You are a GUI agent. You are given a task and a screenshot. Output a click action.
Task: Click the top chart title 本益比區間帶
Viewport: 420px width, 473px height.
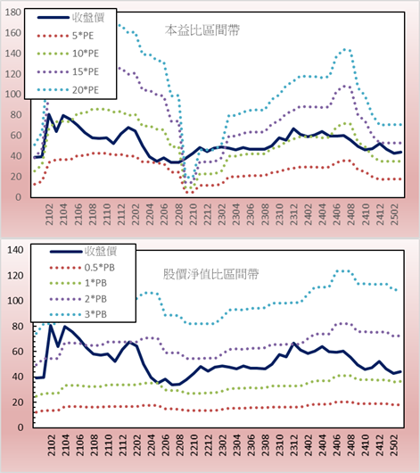tap(202, 30)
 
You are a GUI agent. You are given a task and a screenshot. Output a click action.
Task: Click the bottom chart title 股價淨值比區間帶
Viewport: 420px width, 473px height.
tap(210, 274)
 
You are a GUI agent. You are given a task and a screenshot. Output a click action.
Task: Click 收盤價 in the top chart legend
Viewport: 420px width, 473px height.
tap(88, 18)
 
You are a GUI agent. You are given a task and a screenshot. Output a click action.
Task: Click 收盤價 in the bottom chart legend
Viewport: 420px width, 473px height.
tap(101, 251)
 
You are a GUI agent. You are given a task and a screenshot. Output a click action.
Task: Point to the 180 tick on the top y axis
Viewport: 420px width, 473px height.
tap(13, 12)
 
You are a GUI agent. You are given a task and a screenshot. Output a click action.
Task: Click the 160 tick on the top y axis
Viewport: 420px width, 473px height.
tap(13, 33)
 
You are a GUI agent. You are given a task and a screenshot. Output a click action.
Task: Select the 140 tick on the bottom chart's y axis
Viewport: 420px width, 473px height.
tap(15, 250)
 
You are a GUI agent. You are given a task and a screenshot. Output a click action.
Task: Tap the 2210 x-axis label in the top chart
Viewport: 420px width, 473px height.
tap(193, 214)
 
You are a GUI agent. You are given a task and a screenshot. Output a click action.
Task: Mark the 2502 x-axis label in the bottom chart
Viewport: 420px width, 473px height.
tap(394, 445)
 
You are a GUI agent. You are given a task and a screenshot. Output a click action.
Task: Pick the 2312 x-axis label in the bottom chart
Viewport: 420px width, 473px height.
tap(293, 445)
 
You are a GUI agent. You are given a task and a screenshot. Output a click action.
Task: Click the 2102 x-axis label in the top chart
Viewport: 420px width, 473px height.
tap(49, 214)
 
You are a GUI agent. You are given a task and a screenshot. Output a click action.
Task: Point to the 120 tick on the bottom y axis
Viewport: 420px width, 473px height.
tap(15, 276)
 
